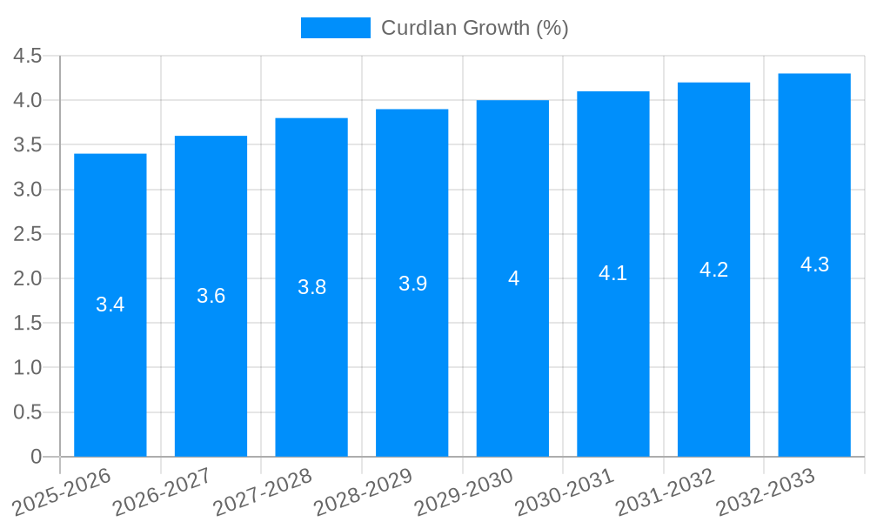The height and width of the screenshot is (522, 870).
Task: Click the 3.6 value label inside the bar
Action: pos(211,296)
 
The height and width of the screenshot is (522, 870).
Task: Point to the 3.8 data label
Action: pos(311,287)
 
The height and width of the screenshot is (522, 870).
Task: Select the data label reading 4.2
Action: pos(713,270)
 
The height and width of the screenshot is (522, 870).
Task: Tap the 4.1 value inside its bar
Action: pos(613,273)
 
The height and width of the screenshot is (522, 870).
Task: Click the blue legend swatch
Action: pos(336,28)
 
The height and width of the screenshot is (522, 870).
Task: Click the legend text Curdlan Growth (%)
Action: pos(475,28)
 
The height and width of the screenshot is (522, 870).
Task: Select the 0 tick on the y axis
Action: pos(36,456)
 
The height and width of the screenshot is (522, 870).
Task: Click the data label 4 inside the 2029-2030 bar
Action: pos(513,278)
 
